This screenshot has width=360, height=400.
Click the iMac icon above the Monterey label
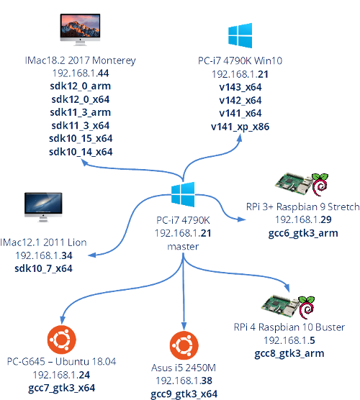(x=80, y=32)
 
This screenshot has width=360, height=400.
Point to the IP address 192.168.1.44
(x=80, y=73)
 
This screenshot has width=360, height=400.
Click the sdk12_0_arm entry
(x=80, y=86)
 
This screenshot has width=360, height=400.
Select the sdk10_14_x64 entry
(x=80, y=152)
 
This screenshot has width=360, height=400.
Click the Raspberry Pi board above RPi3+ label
(x=291, y=184)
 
